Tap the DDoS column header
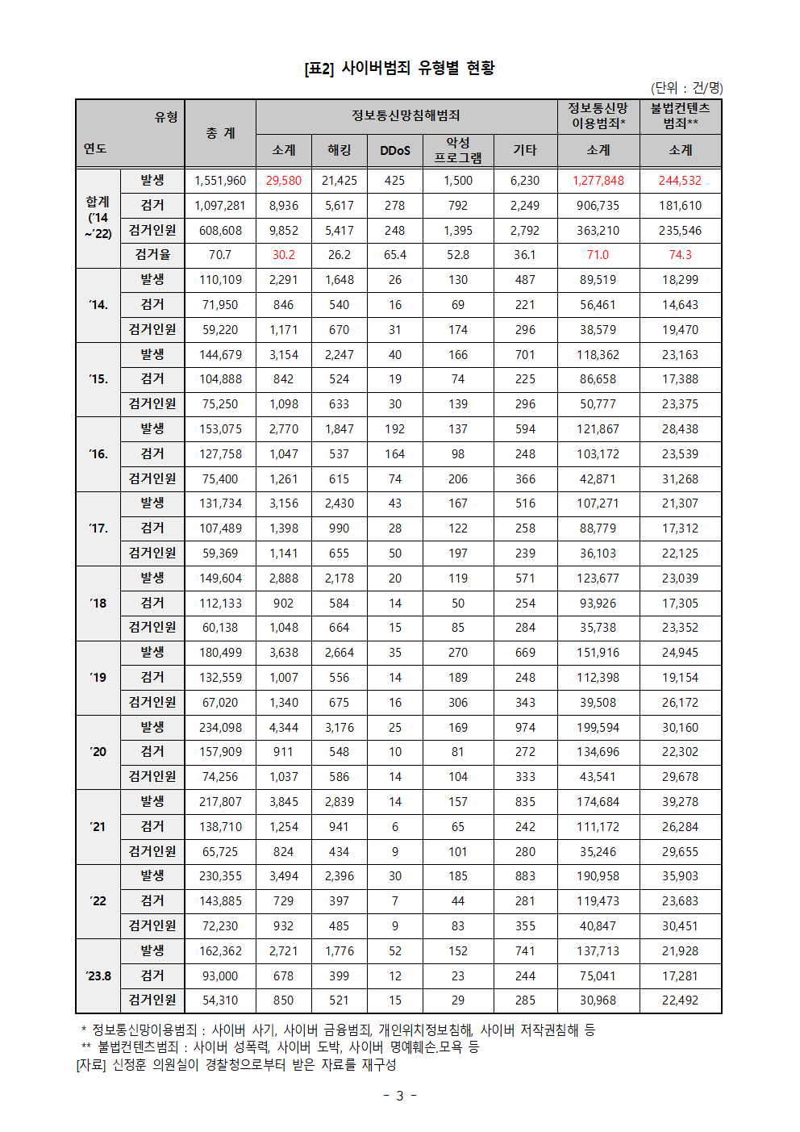point(395,151)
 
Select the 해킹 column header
point(340,151)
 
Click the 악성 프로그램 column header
point(458,151)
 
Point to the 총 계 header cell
point(220,133)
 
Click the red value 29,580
point(284,181)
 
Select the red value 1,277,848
point(598,181)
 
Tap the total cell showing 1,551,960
point(220,181)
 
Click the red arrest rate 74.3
point(680,255)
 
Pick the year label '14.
point(98,305)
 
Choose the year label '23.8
point(98,976)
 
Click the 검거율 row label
point(152,255)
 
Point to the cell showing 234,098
point(220,728)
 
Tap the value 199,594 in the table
point(598,728)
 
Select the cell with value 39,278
point(680,802)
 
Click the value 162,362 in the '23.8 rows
point(220,951)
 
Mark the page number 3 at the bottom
point(400,1096)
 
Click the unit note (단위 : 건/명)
point(686,88)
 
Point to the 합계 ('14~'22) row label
point(98,218)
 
